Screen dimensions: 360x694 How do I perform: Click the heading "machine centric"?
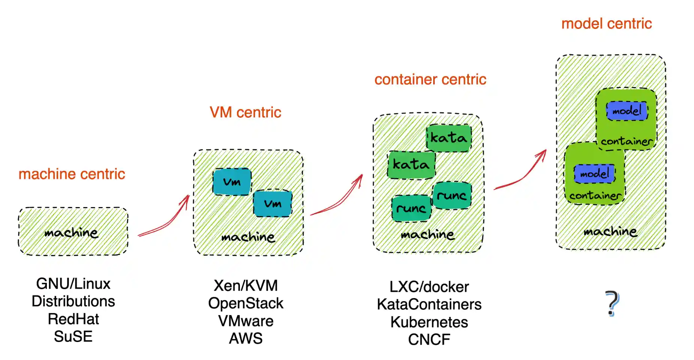(72, 174)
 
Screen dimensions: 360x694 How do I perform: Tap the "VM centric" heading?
(245, 112)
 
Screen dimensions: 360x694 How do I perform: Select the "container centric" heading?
(430, 79)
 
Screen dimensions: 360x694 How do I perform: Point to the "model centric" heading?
(606, 24)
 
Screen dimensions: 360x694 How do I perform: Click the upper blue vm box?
(232, 182)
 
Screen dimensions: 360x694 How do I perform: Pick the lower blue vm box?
(272, 204)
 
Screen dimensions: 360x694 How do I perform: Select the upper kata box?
(449, 138)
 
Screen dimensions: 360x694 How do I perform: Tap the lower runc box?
(411, 208)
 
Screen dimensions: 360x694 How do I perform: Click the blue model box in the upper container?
(627, 111)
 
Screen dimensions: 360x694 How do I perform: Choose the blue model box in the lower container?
(595, 174)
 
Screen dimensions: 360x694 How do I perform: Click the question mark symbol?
(612, 303)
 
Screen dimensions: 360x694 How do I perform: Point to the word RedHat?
(73, 319)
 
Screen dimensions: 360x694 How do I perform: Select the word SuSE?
(73, 336)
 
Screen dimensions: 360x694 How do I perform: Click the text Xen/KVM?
(246, 286)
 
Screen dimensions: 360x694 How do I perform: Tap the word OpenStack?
(246, 303)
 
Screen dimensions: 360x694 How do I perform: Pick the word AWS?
(246, 338)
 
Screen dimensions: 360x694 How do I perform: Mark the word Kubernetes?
(429, 322)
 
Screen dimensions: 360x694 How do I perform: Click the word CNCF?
(429, 339)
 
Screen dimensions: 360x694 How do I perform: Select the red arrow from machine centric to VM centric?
(165, 219)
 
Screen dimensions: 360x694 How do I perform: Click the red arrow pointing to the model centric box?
(523, 173)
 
